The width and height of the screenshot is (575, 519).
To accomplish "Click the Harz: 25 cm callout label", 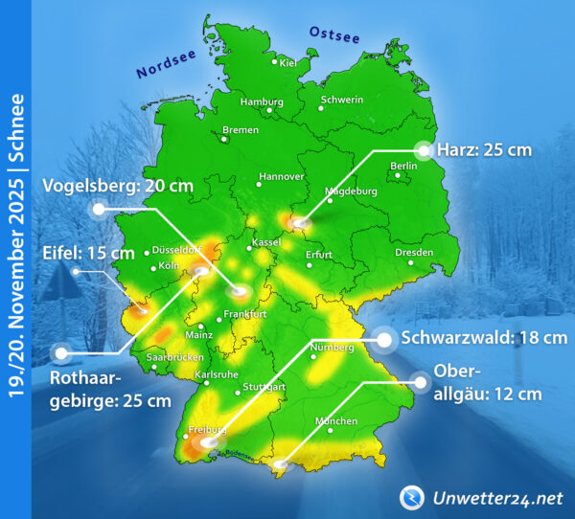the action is tap(484, 149).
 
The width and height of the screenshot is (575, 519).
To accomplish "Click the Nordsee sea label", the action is tap(166, 64).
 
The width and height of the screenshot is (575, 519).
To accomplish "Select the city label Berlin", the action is tap(404, 166).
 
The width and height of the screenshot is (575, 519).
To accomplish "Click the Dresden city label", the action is tap(414, 253).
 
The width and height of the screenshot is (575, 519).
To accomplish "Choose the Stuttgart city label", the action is tap(264, 386).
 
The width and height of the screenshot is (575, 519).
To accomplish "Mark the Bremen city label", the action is tap(240, 129).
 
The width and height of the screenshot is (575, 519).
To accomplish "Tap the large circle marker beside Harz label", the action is tap(424, 149).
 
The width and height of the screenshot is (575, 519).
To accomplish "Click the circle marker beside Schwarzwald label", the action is tap(385, 339).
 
